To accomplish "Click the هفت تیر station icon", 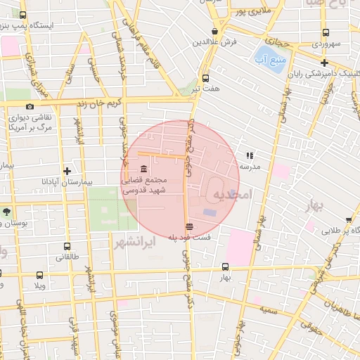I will pos(205,78).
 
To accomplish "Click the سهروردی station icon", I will pos(325,32).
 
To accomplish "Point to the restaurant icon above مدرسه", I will pos(250,155).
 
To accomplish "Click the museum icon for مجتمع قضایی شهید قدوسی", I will pos(144,169).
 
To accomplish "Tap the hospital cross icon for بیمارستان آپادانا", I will pos(67,171).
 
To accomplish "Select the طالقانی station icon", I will pos(67,247).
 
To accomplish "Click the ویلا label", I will pos(38,286).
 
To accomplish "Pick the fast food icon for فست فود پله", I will pos(188,226).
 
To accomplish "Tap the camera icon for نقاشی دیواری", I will pos(30,106).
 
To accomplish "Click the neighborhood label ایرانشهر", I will pos(134,242).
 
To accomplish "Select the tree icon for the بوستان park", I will pos(7,211).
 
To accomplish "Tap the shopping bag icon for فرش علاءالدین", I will pos(215,31).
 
